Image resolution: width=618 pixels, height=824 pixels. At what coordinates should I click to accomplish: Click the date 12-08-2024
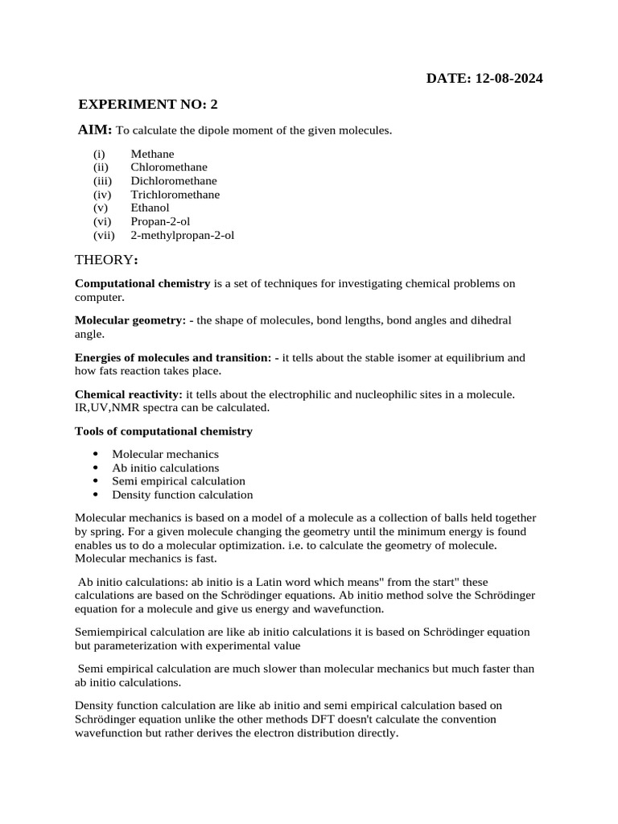(x=509, y=78)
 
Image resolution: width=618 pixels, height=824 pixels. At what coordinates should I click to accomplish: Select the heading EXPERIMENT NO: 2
(x=148, y=105)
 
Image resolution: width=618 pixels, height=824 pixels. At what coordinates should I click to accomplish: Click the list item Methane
(x=152, y=154)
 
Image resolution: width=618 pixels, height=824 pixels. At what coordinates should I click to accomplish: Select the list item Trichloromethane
(x=175, y=195)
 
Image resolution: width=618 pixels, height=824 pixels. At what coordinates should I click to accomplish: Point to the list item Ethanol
(x=151, y=208)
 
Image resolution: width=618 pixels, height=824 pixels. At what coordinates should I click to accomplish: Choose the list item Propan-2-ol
(x=160, y=222)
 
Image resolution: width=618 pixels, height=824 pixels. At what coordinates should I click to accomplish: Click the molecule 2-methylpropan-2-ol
(x=183, y=236)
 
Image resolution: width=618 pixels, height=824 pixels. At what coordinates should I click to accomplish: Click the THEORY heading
(x=105, y=260)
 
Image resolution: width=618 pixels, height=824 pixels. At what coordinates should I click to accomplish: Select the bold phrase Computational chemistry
(x=142, y=283)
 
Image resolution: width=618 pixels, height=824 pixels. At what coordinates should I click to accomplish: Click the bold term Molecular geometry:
(x=130, y=320)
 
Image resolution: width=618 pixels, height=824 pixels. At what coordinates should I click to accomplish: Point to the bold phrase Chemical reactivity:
(x=129, y=394)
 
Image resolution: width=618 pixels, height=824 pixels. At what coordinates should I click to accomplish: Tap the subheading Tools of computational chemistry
(x=163, y=431)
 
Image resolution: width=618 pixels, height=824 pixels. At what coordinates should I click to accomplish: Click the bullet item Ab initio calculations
(x=165, y=468)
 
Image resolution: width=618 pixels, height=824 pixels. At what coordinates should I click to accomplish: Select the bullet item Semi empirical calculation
(x=178, y=481)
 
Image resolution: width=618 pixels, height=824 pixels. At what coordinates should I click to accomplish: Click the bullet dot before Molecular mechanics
(x=96, y=455)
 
